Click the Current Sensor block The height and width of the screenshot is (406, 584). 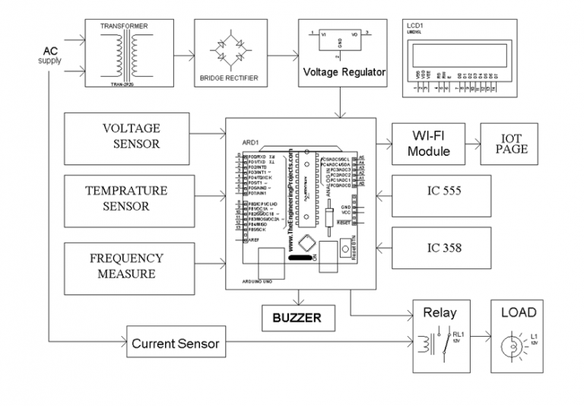(175, 344)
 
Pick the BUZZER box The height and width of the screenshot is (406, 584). (297, 317)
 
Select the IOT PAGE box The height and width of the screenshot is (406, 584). (510, 144)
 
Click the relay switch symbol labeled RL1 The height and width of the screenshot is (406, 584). (439, 340)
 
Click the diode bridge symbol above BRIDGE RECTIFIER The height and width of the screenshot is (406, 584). (229, 52)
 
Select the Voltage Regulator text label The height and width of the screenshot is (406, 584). (344, 73)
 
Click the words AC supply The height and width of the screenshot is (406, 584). (50, 55)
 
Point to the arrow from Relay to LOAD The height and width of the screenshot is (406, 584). (480, 340)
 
